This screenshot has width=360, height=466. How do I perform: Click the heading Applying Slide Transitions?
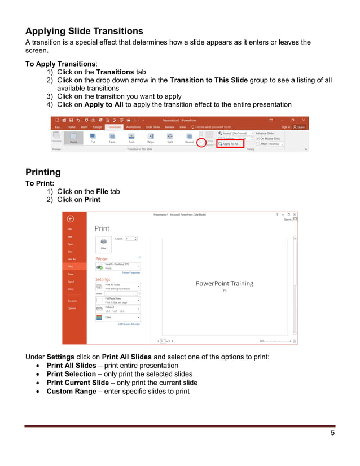pos(84,31)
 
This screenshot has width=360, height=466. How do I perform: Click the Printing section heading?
pos(43,172)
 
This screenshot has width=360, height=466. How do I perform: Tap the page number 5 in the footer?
pos(333,433)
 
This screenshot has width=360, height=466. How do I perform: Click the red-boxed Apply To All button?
pos(230,144)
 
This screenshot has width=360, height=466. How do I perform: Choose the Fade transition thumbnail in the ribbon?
pos(112,138)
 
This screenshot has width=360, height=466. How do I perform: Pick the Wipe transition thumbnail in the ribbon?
pos(151,138)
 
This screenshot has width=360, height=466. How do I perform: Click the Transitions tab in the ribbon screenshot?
pos(114,128)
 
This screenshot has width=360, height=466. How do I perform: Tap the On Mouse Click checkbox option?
pos(268,138)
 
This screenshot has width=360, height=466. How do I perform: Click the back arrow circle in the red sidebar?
pos(70,219)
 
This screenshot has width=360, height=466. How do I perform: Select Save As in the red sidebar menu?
pos(72,259)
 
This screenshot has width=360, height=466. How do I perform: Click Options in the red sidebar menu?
pos(72,308)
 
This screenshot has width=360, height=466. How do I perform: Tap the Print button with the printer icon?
pos(103,243)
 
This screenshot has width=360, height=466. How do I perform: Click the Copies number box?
pos(130,239)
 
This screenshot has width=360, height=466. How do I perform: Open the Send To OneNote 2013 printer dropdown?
pos(117,266)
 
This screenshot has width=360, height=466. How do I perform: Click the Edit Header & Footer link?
pos(129,324)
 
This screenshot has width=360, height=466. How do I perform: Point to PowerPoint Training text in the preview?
pos(224,283)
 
